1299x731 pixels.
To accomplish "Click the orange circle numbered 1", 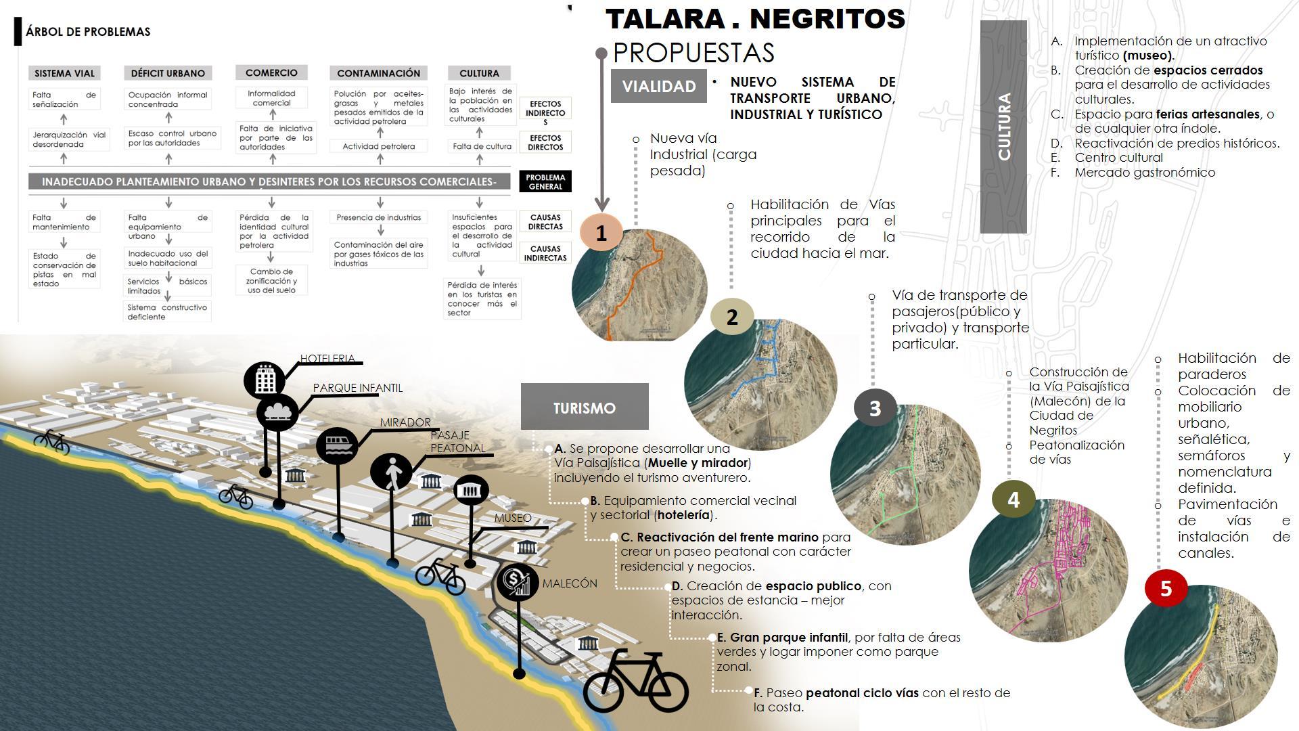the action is tap(601, 233).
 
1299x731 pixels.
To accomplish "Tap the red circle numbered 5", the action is tap(1166, 588).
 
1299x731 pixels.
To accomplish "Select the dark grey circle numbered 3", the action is tap(875, 408).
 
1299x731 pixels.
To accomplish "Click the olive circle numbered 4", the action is tap(1013, 500).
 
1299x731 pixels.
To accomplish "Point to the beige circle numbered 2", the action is tap(731, 317).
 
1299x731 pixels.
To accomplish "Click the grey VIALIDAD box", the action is tap(658, 86).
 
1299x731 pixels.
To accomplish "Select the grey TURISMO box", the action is tap(585, 407).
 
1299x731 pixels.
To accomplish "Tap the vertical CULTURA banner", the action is tap(1003, 127).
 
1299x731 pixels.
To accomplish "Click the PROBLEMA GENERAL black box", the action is tap(545, 181).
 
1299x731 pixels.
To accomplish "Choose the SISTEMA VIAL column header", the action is tap(64, 73).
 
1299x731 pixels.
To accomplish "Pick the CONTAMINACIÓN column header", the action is tap(378, 73).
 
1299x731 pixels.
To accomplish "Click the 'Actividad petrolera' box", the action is tap(378, 146).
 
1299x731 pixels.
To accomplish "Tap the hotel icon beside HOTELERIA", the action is tap(265, 380).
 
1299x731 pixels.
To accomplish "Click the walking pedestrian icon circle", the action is tap(391, 471).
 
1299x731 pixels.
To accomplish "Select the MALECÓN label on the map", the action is tap(570, 583).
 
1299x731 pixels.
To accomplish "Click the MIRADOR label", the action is tap(405, 422).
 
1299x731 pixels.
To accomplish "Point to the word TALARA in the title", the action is tap(665, 19).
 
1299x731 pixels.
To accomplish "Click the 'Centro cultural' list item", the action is tap(1118, 158).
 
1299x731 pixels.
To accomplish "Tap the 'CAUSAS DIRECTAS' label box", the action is tap(545, 222).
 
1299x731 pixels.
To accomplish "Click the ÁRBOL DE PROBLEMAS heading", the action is tap(88, 32).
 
